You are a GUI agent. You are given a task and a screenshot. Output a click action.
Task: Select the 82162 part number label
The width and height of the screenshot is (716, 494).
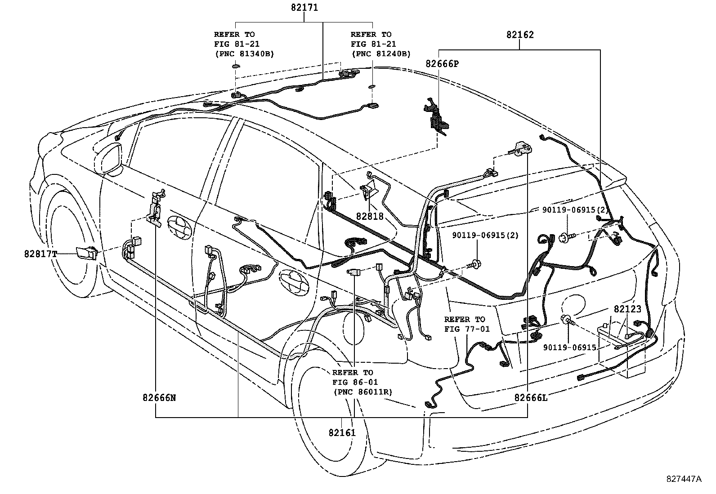[x=520, y=35]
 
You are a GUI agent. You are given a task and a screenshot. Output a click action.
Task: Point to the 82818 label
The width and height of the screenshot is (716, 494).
[x=370, y=216]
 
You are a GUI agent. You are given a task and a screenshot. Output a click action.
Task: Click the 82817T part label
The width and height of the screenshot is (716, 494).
[x=41, y=254]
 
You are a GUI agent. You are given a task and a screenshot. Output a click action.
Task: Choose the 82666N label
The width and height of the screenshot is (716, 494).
[x=159, y=397]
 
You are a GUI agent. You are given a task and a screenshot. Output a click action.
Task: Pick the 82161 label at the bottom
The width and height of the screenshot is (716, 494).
[x=342, y=432]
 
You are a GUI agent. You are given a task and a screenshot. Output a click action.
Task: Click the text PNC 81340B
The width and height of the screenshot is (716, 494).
[x=244, y=53]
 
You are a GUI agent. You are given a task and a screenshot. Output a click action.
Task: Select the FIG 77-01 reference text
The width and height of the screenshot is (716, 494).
[x=465, y=329]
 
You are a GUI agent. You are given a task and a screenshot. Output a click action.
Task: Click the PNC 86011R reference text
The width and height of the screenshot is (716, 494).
[x=362, y=392]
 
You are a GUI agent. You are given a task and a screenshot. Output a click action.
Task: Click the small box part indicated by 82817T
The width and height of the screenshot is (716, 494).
[x=86, y=253]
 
